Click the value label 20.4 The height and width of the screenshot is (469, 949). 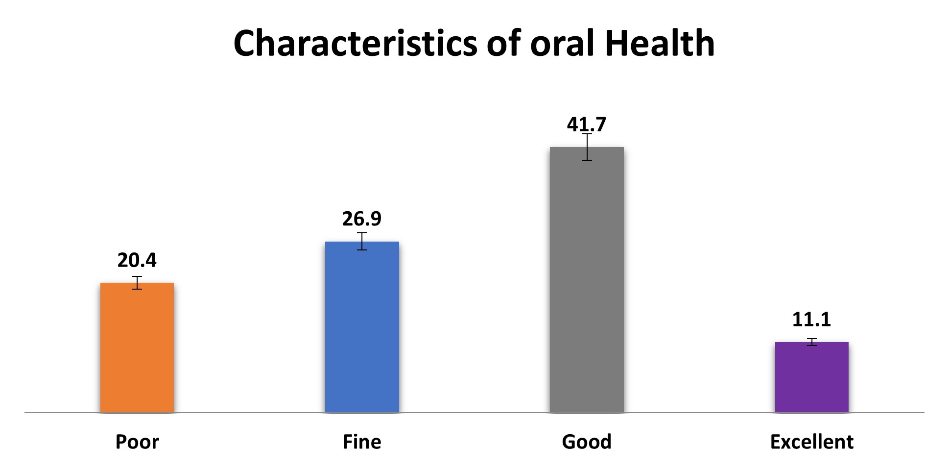coord(137,260)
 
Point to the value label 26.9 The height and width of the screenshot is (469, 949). coord(362,219)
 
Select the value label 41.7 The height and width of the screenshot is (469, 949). coord(587,124)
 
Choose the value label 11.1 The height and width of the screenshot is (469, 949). coord(811,320)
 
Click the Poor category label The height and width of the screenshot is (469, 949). coord(137,442)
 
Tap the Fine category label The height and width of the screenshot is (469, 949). coord(362,442)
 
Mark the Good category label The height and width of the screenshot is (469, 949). coord(587,442)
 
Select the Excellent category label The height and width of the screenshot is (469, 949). coord(811,442)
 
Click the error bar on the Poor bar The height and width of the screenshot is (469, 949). coord(137,283)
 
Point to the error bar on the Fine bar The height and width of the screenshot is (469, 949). coord(362,241)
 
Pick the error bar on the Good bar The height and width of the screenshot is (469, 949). coord(587,147)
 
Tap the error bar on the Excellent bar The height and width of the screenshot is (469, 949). coord(812,342)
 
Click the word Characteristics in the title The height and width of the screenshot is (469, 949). coord(355,43)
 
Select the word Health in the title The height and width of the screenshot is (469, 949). coord(660,43)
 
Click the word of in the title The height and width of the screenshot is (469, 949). coord(504,43)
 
